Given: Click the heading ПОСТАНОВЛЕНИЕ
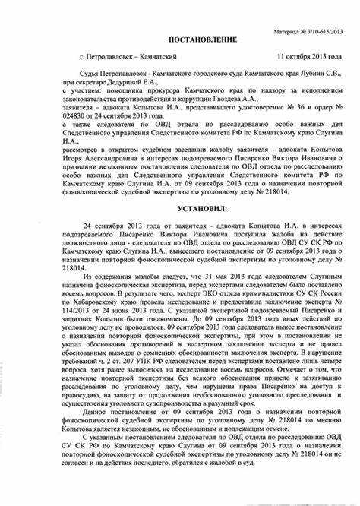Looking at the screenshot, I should (x=178, y=39).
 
